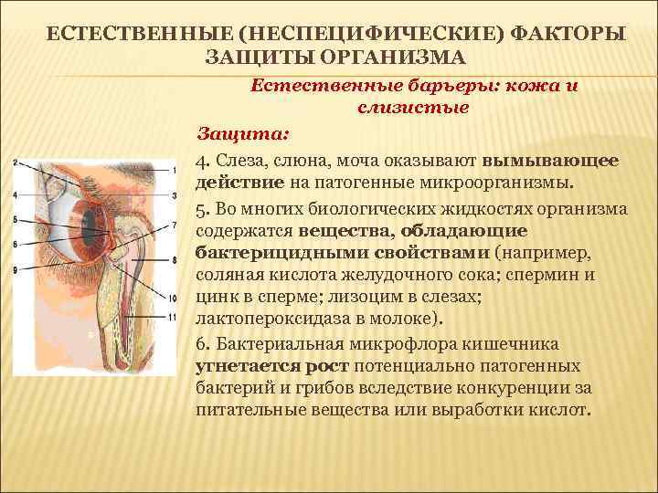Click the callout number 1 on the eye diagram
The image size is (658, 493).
click(x=174, y=169)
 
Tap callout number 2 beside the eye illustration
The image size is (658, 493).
click(x=15, y=163)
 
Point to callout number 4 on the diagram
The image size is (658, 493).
click(x=15, y=195)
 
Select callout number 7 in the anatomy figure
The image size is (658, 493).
click(x=174, y=225)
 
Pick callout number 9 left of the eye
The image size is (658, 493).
click(x=15, y=269)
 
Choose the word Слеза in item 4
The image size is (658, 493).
click(x=239, y=160)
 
